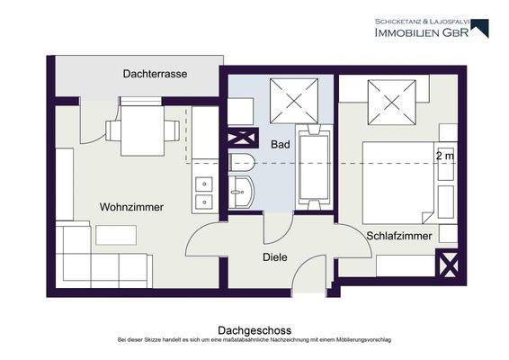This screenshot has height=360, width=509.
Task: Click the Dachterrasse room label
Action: (x=156, y=75)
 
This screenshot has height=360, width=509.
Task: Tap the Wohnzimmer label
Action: (x=131, y=207)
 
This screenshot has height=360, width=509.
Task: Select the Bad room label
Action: (x=280, y=143)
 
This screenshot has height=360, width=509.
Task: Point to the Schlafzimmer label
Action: (x=399, y=236)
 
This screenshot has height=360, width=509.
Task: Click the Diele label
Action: (x=274, y=256)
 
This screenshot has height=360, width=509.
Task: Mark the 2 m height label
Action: (x=444, y=156)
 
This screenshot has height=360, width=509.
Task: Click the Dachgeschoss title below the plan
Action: (x=254, y=330)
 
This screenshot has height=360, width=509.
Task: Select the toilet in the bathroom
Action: (x=242, y=162)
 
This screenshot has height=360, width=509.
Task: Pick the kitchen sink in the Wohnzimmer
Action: (x=203, y=188)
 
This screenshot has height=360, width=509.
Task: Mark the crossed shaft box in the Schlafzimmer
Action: (x=447, y=265)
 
